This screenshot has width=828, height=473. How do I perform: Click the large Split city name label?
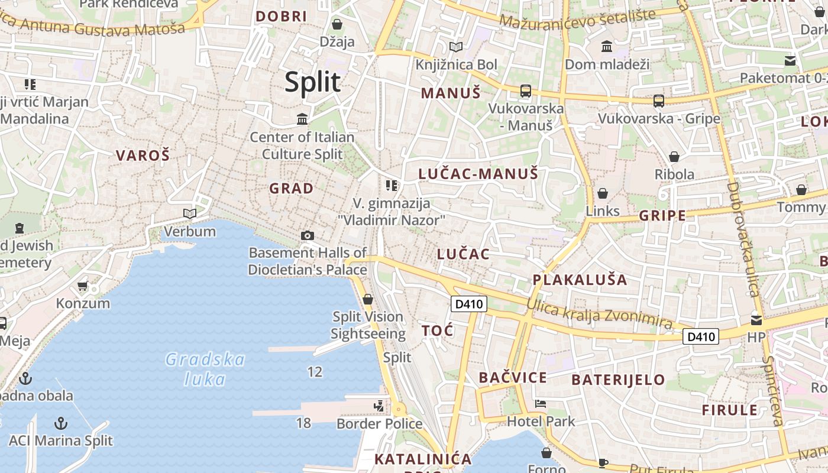click(x=313, y=82)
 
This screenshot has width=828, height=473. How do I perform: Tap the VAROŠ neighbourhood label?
click(x=143, y=155)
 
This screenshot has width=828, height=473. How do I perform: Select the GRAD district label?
click(x=291, y=189)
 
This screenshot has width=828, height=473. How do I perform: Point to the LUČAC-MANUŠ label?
click(x=478, y=174)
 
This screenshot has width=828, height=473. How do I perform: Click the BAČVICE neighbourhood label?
click(x=513, y=377)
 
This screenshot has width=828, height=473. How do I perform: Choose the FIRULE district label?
click(x=729, y=410)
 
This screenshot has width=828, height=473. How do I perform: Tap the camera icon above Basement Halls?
click(x=307, y=235)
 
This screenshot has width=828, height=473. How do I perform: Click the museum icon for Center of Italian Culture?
click(x=302, y=119)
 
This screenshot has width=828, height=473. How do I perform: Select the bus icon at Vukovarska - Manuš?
click(x=525, y=91)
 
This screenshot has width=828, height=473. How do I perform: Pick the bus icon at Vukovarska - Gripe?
click(x=659, y=101)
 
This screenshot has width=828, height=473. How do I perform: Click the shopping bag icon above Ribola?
click(x=674, y=157)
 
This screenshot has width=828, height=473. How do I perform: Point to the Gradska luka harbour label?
click(x=205, y=369)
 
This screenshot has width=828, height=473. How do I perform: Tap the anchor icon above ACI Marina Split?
click(x=60, y=423)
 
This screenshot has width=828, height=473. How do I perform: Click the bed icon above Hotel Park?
click(x=541, y=404)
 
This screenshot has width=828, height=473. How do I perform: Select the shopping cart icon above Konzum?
click(x=83, y=286)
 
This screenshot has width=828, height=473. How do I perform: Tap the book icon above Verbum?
click(x=189, y=213)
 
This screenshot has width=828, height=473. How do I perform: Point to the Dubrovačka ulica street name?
click(x=742, y=239)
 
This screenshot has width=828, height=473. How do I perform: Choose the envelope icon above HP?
click(x=756, y=320)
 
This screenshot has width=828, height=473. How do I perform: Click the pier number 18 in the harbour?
click(x=303, y=423)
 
